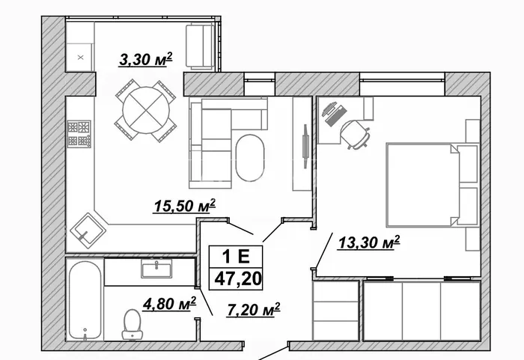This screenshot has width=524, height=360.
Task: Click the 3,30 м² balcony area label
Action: pos(146,59)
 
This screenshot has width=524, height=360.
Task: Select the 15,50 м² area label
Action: pos(184,206)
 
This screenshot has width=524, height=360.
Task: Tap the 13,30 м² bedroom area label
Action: pos(369,242)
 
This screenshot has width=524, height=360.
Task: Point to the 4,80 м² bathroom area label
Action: pos(169,304)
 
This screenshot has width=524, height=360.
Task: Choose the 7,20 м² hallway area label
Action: pos(253,310)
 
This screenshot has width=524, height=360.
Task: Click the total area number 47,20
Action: pos(237,278)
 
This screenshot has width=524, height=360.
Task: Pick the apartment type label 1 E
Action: pos(236,257)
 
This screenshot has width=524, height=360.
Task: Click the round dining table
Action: pos(146,110)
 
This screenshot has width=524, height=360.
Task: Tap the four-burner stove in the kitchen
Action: pos(79,134)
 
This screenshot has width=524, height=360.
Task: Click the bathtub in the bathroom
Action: pos(85,301)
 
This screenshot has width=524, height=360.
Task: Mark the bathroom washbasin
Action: pos(156,269)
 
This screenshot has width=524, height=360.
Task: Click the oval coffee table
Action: pos(249,157)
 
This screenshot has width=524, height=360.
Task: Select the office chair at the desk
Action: pos(356,135)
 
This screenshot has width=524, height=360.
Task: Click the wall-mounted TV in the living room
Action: pos(305,146)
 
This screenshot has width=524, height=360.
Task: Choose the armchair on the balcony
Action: pos(200,46)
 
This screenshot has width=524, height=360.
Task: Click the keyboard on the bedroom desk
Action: pos(335,116)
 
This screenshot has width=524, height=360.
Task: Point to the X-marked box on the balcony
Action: pos(80,58)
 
